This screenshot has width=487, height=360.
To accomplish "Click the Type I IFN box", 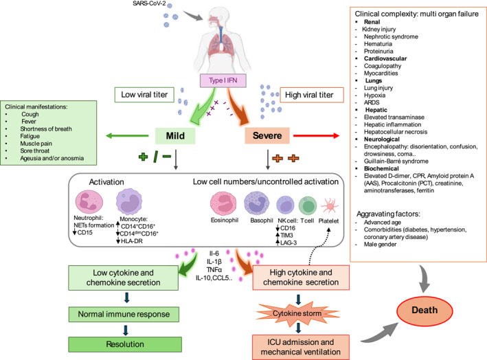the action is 223,80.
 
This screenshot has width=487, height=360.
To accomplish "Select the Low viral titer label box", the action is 144,95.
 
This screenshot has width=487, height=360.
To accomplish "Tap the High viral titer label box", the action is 312,95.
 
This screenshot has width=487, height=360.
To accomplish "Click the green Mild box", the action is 175,136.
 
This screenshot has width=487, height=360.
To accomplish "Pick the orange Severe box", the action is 267,135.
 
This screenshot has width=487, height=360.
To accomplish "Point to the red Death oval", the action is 424,311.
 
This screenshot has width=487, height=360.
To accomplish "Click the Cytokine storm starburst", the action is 297,313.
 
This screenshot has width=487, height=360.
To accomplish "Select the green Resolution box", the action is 125,344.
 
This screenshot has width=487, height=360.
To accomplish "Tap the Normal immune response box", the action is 124,315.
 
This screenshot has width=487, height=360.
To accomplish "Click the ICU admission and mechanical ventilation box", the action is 301,347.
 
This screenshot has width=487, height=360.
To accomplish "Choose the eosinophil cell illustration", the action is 223,203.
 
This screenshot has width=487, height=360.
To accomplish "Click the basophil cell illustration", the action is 256,203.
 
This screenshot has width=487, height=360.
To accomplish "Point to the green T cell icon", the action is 308,205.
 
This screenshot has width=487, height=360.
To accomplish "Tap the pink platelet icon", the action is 330,205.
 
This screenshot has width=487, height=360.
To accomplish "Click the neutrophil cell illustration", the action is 89,202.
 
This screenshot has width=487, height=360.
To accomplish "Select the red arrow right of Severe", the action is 316,135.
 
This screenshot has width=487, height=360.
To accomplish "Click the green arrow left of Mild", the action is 127,135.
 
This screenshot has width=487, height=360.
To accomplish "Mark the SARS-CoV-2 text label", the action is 149,3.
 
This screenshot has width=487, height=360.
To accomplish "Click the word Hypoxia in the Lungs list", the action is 374,95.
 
